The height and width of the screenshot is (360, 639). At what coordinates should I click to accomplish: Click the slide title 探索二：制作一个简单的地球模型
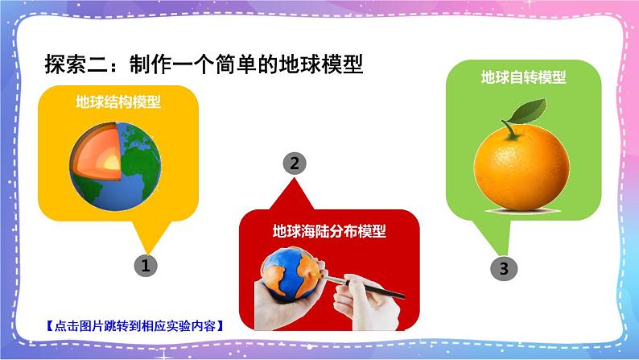pyautogui.click(x=204, y=63)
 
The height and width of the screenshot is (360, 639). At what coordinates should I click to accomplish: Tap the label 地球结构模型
pyautogui.click(x=117, y=102)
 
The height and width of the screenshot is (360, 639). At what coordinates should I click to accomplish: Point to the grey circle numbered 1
pyautogui.click(x=144, y=265)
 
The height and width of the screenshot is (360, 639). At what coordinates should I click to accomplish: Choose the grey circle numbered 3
pyautogui.click(x=504, y=269)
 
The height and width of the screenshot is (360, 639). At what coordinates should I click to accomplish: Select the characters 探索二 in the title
pyautogui.click(x=72, y=63)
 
